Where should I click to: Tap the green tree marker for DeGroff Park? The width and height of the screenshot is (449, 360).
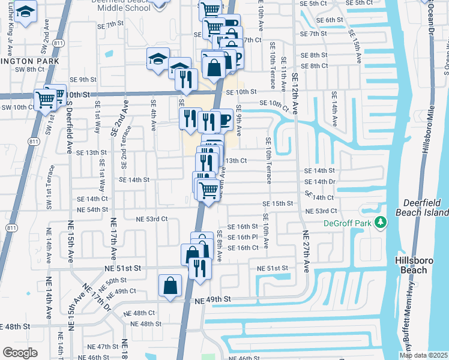pyautogui.click(x=379, y=223)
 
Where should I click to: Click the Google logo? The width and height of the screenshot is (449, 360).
pyautogui.click(x=20, y=353)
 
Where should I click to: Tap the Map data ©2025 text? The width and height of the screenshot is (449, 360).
pyautogui.click(x=424, y=355)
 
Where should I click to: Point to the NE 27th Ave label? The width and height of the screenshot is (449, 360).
pyautogui.click(x=305, y=251)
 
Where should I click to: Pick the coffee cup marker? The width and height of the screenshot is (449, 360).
pyautogui.click(x=224, y=119)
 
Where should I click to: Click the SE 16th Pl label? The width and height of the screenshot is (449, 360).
pyautogui.click(x=246, y=237)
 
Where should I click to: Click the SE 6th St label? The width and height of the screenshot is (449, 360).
pyautogui.click(x=330, y=20)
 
